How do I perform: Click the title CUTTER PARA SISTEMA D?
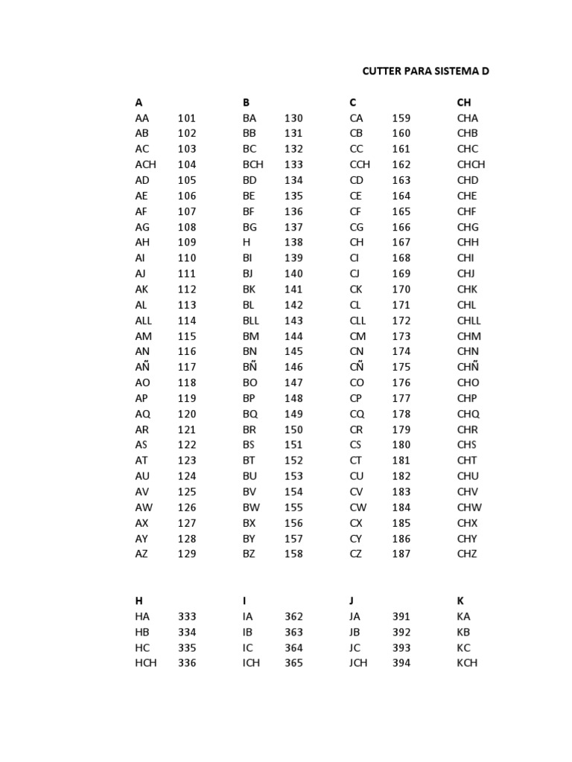point(425,71)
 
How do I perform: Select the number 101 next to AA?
point(187,118)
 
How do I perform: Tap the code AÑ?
point(144,367)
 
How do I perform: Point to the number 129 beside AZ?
point(187,554)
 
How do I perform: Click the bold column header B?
point(246,102)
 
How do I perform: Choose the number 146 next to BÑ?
point(293,367)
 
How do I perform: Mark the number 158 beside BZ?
point(293,554)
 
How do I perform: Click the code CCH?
point(360,164)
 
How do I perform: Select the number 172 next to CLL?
point(401,320)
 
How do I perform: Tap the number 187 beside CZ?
point(401,554)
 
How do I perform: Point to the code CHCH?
point(471,164)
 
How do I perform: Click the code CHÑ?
point(468,367)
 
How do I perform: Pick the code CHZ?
point(467,554)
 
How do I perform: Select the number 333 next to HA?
point(187,616)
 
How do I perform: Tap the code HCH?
point(146,663)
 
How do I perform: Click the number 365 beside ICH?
point(293,663)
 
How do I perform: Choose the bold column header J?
point(352,601)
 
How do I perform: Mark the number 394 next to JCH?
point(401,663)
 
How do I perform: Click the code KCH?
point(467,663)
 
